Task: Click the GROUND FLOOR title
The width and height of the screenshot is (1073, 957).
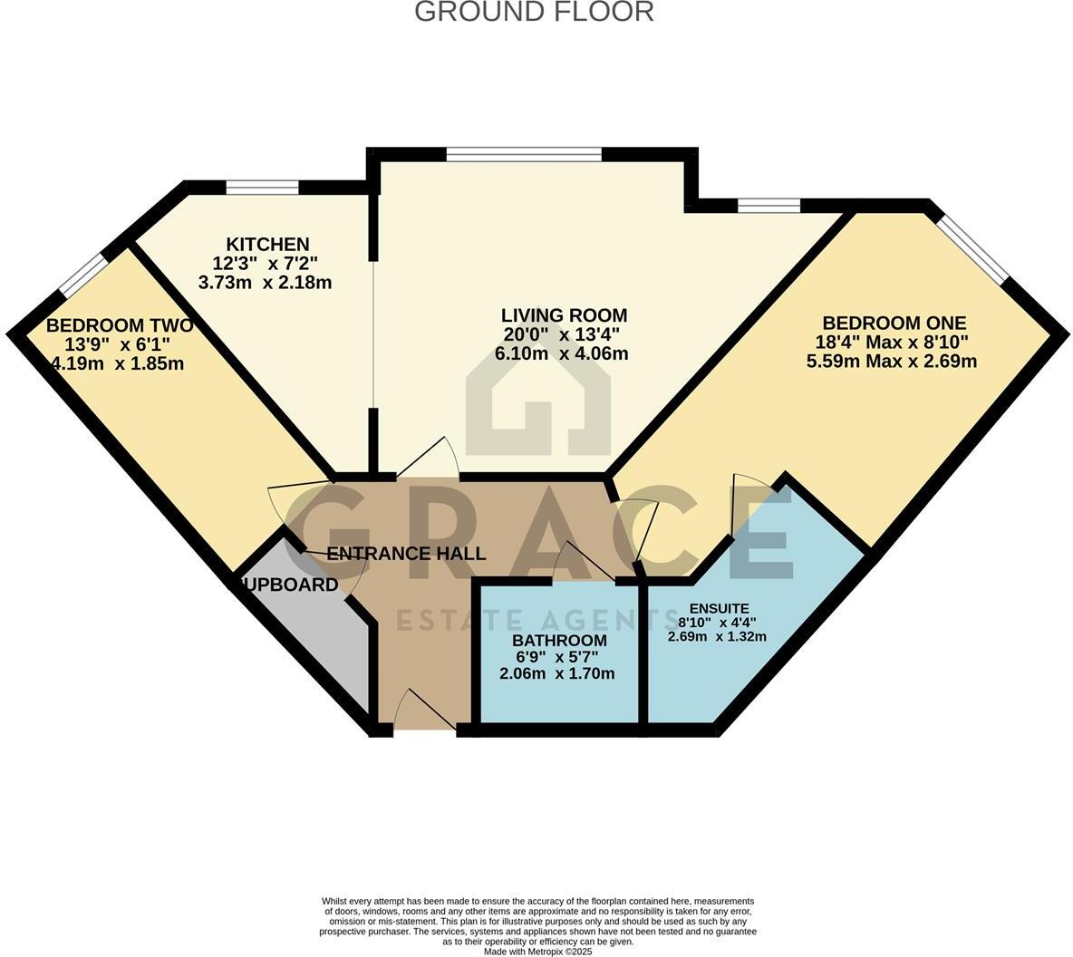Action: [x=534, y=12]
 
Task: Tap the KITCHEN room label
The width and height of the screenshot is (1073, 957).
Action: [x=267, y=244]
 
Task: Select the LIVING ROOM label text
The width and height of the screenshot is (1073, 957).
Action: [x=564, y=315]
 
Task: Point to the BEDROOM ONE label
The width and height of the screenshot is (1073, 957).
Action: [x=894, y=323]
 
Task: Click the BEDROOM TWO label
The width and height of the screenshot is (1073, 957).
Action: [x=119, y=324]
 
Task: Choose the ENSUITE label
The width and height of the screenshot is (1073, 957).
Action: [x=719, y=608]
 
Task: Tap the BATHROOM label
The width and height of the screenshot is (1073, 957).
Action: [x=558, y=641]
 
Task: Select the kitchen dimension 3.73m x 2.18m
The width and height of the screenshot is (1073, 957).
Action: [x=265, y=283]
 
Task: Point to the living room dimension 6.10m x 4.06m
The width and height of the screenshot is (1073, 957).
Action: [x=561, y=354]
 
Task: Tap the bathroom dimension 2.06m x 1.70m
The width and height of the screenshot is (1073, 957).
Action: [x=556, y=673]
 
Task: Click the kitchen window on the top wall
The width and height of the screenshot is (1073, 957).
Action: [x=262, y=188]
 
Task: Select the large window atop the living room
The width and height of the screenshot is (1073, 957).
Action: [x=524, y=154]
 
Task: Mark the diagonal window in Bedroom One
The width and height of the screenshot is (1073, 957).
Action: [x=972, y=247]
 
